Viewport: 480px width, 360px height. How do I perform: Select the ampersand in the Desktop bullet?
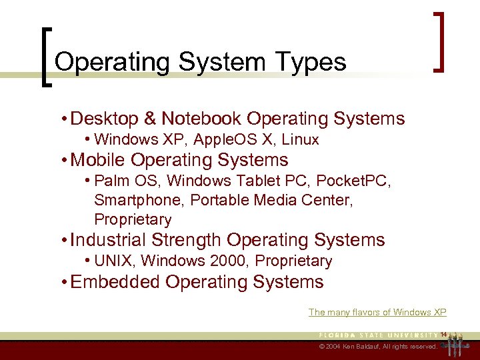150,119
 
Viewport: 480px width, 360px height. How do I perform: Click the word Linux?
300,139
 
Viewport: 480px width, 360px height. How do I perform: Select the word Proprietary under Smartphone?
133,219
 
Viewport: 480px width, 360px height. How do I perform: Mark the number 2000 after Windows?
229,261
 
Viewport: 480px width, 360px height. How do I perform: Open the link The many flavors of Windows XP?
377,312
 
